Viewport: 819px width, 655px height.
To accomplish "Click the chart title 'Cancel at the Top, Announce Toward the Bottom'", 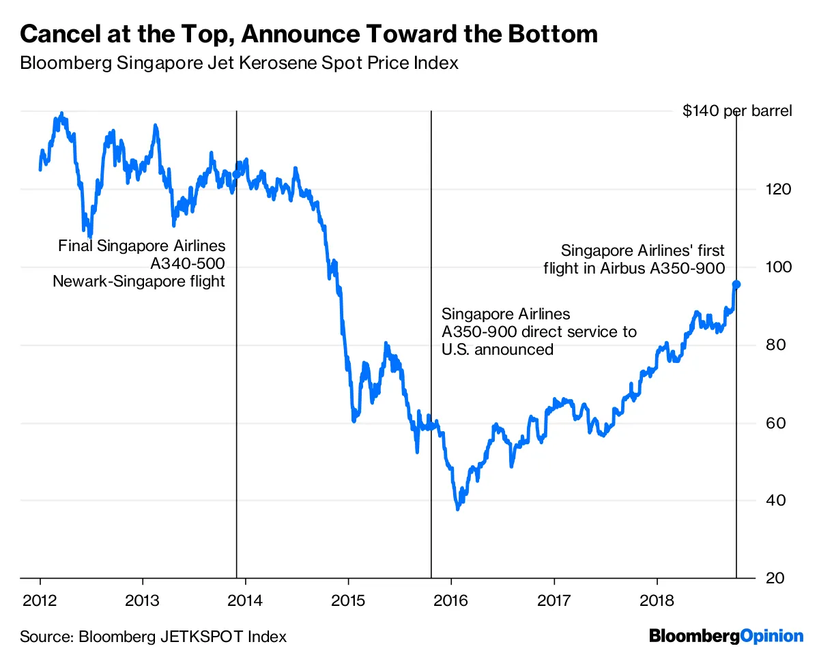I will coord(308,34).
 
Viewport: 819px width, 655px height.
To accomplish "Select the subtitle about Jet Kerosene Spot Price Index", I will coord(239,63).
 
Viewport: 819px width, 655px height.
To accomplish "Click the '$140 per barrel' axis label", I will coord(737,111).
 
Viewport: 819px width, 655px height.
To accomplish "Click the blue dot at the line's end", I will coord(737,284).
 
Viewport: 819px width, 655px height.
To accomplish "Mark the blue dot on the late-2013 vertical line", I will coord(237,173).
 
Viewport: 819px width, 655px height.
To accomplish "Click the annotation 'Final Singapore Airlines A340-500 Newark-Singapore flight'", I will coord(140,263).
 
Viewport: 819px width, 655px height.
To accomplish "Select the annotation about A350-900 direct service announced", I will coord(538,332).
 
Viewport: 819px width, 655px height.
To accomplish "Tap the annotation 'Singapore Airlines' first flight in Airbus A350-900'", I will coord(635,259).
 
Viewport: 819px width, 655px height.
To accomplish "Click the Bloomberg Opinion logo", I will coord(726,636).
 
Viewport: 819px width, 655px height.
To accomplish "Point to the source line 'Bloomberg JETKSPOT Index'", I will coord(154,637).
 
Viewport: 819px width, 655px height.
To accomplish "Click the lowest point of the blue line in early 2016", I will coord(458,509).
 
